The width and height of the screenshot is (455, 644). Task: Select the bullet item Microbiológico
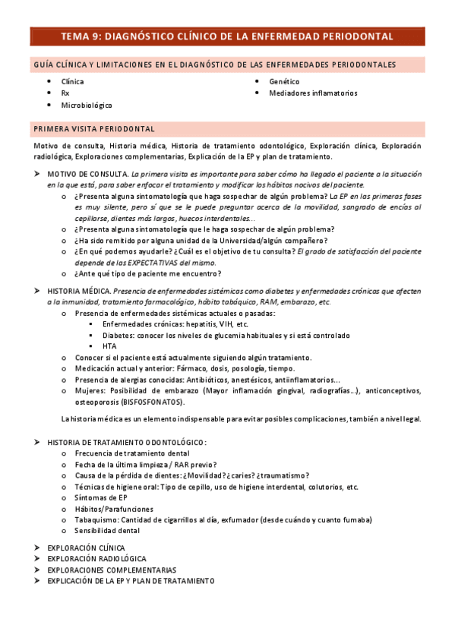(x=87, y=106)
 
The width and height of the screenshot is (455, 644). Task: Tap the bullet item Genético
(x=284, y=81)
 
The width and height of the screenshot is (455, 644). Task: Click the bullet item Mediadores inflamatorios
(x=313, y=93)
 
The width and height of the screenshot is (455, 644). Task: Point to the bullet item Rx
(x=65, y=93)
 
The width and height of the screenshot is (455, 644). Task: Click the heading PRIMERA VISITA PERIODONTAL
(x=94, y=129)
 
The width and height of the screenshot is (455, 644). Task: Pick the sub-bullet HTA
(x=109, y=346)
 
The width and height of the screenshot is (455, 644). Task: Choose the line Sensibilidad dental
(x=107, y=531)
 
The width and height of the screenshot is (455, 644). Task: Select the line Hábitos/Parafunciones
(x=114, y=509)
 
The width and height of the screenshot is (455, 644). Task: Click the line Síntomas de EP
(x=101, y=498)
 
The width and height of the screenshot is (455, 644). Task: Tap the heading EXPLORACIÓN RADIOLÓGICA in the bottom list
(x=96, y=558)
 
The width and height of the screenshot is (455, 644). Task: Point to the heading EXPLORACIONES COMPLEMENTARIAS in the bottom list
(x=111, y=570)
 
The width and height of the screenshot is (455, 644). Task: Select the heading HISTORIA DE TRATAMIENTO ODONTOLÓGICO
(x=126, y=442)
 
